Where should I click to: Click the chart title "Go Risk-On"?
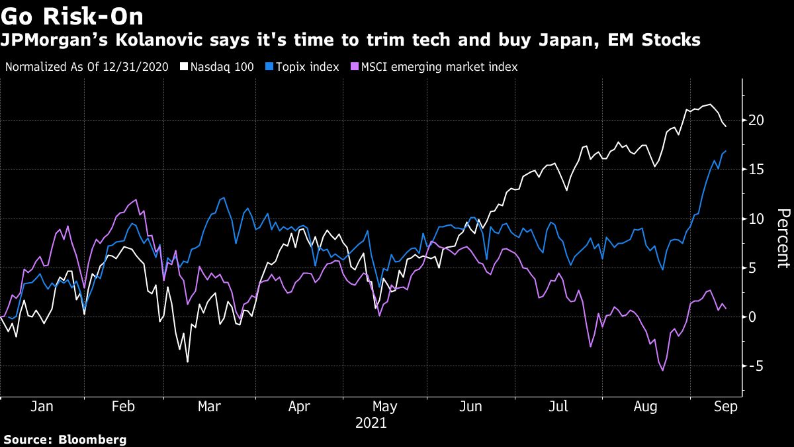72,15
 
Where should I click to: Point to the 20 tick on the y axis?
757,121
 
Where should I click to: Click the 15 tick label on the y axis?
757,170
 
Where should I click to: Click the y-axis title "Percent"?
783,238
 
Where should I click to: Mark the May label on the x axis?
384,406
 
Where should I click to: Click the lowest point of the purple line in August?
662,370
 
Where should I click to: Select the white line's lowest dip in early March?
187,362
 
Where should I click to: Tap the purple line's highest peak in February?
136,199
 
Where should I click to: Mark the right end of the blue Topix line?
726,152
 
